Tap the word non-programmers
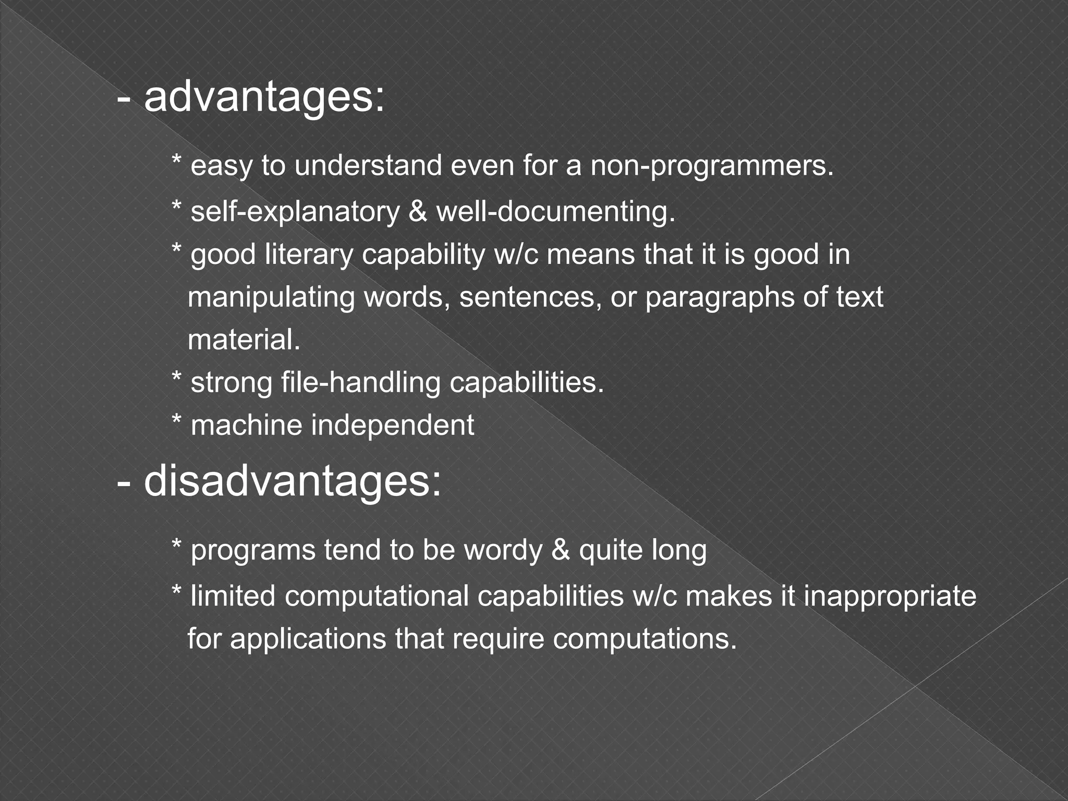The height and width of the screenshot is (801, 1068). (712, 166)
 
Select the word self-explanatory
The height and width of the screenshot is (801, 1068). (295, 212)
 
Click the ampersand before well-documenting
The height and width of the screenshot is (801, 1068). (418, 212)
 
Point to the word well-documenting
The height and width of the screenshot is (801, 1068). (555, 212)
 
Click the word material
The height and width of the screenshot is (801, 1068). (244, 340)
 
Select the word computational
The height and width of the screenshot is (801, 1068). (377, 596)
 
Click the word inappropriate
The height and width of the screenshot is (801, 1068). (890, 596)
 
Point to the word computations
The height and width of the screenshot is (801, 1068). (645, 639)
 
